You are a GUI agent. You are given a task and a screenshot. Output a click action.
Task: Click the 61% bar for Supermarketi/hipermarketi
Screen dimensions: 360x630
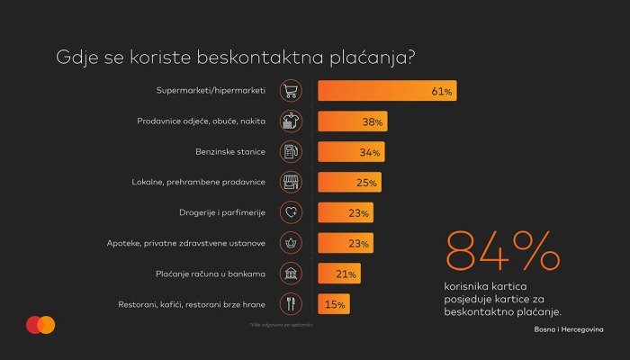(x=387, y=91)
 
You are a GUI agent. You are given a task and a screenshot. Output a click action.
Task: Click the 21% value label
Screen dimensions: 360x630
(x=347, y=274)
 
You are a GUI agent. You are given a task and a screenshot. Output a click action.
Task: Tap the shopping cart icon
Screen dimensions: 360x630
(x=291, y=91)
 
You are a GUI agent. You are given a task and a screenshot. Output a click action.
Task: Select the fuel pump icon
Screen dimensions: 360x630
(x=291, y=152)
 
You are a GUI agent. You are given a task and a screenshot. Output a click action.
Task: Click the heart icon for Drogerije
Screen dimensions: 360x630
(x=291, y=213)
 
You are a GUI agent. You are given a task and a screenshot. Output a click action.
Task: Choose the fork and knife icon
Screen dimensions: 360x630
(x=291, y=305)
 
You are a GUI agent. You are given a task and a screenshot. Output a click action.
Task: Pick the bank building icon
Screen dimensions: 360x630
(x=291, y=274)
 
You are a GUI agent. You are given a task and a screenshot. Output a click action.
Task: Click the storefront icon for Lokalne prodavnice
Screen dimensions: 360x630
(x=291, y=183)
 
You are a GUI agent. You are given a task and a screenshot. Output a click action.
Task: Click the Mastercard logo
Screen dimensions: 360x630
(x=40, y=325)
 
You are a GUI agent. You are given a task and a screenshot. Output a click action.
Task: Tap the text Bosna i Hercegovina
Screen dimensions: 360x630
(x=568, y=330)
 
